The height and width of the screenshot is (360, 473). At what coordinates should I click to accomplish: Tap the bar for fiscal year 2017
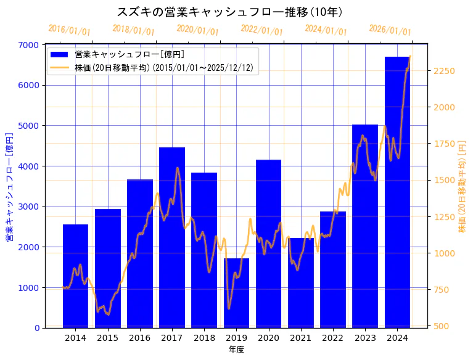pos(172,238)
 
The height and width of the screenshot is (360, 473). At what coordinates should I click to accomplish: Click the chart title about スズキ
pos(230,12)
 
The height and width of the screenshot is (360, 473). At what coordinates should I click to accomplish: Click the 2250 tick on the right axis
pos(445,72)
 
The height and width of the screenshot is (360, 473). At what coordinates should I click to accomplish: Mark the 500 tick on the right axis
pos(442,325)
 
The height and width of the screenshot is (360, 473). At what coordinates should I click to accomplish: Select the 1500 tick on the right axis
pos(445,181)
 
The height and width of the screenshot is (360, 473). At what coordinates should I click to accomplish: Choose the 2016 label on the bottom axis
pos(140,338)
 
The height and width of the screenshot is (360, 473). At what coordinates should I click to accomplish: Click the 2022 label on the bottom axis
pos(333,338)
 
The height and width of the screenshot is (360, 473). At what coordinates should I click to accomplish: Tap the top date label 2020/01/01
pos(198,30)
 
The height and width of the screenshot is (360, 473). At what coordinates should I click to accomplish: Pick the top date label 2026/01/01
pos(390,30)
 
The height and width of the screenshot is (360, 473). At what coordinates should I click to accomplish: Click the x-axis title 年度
pos(236,350)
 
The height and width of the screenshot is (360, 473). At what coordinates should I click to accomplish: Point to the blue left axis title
pos(9,187)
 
